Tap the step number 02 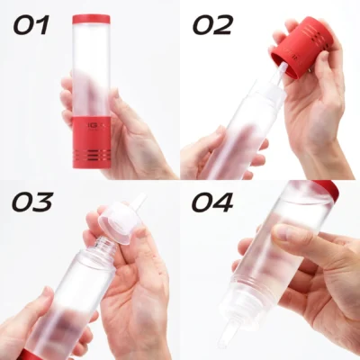(212, 25)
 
